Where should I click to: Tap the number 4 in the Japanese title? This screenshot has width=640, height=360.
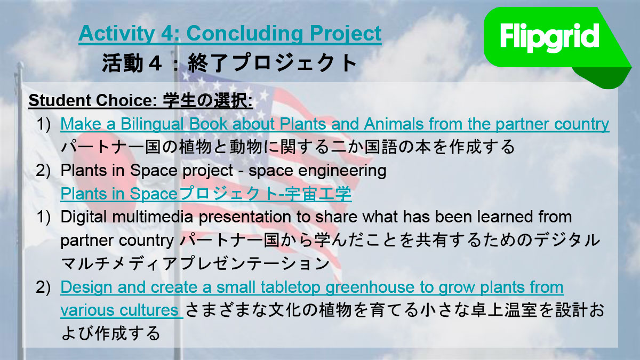pyautogui.click(x=155, y=63)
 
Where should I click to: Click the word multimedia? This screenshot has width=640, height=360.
pyautogui.click(x=153, y=217)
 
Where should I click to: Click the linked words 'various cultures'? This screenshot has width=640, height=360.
pyautogui.click(x=119, y=310)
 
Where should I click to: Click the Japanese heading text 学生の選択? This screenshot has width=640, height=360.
pyautogui.click(x=207, y=101)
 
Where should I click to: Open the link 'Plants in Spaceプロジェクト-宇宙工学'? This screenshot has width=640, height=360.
pyautogui.click(x=206, y=194)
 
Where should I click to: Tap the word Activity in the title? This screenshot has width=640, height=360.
pyautogui.click(x=117, y=34)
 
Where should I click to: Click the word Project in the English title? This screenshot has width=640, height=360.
pyautogui.click(x=346, y=34)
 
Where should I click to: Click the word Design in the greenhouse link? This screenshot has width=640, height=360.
pyautogui.click(x=86, y=287)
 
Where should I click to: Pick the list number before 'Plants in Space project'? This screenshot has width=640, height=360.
pyautogui.click(x=43, y=171)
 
